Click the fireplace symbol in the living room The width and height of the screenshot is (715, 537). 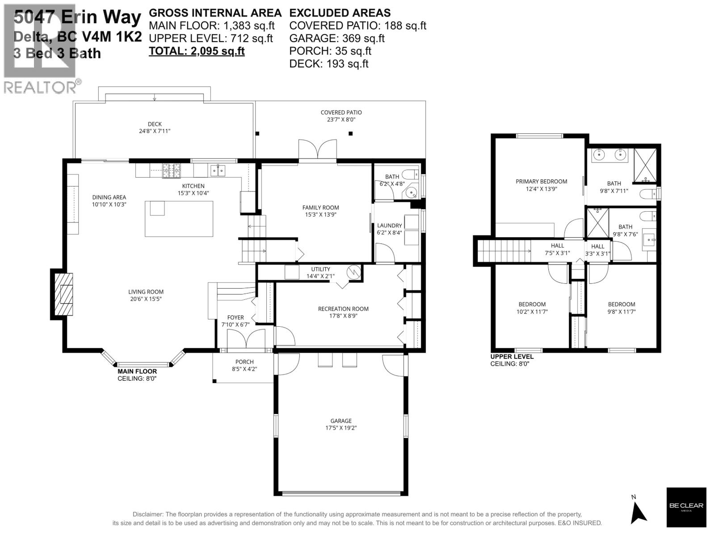click(x=62, y=294)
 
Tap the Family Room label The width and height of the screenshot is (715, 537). click(x=320, y=208)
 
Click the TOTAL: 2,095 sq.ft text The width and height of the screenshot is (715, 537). click(x=197, y=51)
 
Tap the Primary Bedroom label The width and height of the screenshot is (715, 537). click(x=541, y=182)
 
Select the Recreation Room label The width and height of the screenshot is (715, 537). click(x=343, y=309)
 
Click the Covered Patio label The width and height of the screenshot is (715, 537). click(x=341, y=113)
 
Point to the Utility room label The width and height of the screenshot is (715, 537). click(x=320, y=269)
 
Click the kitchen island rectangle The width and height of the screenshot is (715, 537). click(x=179, y=219)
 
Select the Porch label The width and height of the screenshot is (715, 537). click(x=244, y=362)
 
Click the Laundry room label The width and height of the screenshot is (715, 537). click(x=389, y=226)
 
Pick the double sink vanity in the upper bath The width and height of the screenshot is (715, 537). click(x=609, y=155)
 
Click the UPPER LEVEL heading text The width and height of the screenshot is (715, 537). click(x=512, y=357)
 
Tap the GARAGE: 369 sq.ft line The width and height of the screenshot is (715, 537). click(x=336, y=38)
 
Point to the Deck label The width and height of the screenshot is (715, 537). click(x=155, y=124)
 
